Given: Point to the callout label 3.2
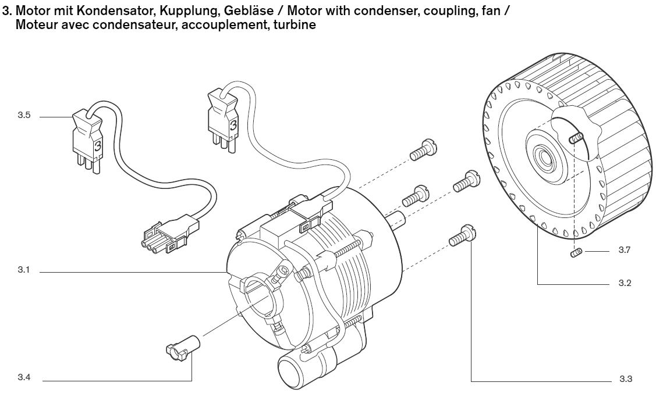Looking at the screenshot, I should click(626, 283).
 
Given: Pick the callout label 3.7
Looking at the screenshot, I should click(626, 251).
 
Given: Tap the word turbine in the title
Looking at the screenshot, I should click(297, 26).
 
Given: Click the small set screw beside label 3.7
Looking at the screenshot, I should click(577, 252).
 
